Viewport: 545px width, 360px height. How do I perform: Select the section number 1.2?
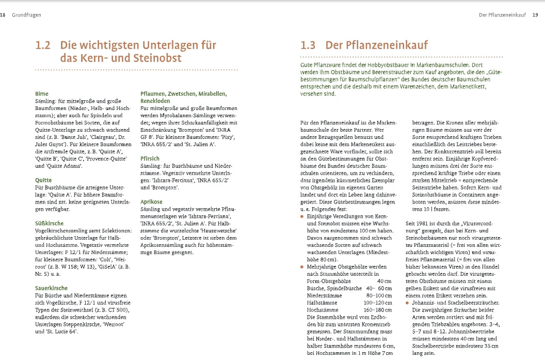[42, 45]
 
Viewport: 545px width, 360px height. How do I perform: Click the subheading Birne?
[41, 93]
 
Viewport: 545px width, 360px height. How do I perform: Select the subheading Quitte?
[43, 180]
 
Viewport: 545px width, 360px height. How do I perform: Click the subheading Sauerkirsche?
[51, 288]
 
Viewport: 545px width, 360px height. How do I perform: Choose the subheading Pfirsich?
[150, 159]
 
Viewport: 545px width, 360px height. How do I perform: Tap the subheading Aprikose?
[152, 202]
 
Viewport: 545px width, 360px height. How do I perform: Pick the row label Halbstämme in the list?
[322, 302]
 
